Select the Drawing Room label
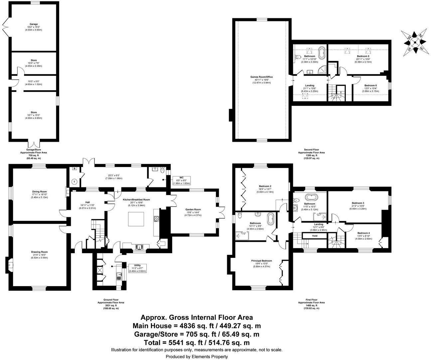[40, 255]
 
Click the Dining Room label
[40, 194]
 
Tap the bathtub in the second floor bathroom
[321, 53]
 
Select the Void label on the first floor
[314, 236]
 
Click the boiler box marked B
[74, 169]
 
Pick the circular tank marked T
[74, 182]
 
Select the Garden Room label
[193, 212]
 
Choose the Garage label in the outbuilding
[33, 27]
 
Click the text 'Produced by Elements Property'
[197, 357]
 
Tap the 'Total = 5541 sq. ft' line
[197, 342]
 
